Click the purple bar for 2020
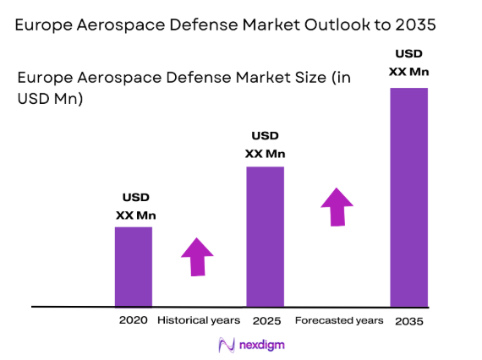134,266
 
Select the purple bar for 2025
265,237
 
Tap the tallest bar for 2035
408,196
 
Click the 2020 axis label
134,320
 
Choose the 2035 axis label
408,321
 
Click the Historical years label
199,320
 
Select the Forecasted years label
339,320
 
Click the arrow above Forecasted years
337,207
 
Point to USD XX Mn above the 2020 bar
135,207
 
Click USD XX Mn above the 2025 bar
265,145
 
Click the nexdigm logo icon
226,345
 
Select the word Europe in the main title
43,25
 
